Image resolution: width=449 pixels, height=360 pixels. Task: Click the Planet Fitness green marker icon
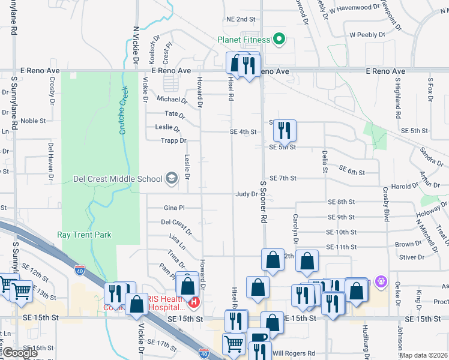(x=279, y=40)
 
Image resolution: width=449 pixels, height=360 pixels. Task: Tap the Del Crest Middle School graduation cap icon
(x=172, y=178)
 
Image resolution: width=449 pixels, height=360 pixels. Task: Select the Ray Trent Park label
(x=84, y=235)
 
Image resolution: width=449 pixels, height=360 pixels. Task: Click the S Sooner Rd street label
(x=263, y=203)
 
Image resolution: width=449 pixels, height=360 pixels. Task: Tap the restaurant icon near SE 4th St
(x=285, y=129)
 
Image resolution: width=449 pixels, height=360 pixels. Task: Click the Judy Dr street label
(x=246, y=194)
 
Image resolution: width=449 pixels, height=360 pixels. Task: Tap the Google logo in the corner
(x=19, y=353)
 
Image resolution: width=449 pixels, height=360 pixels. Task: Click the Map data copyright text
(x=424, y=355)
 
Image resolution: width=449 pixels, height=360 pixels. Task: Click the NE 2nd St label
(x=241, y=19)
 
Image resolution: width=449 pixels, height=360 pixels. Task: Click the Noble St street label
(x=33, y=121)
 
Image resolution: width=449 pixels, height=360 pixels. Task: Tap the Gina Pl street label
(x=174, y=208)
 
